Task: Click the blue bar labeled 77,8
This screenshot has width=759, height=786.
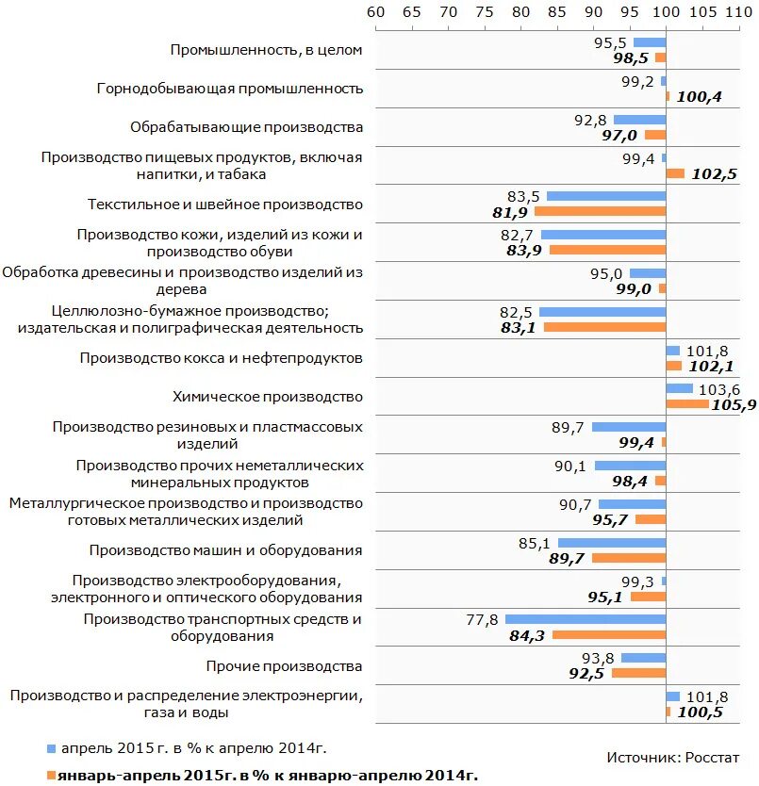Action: click(586, 619)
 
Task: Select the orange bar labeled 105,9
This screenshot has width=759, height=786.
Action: click(687, 403)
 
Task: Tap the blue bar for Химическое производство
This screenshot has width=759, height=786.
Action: click(679, 388)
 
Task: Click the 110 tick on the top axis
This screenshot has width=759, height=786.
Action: click(740, 12)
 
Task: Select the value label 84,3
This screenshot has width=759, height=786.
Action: click(527, 635)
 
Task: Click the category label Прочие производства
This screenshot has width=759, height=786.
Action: click(284, 666)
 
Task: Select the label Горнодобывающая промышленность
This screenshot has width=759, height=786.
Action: click(230, 89)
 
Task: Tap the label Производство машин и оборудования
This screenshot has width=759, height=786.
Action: click(225, 550)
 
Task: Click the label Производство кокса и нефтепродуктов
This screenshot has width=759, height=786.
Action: click(221, 358)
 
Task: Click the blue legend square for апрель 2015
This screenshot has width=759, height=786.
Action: click(51, 747)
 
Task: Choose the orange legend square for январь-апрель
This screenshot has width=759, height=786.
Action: click(51, 775)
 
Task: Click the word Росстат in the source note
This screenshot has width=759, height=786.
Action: click(713, 757)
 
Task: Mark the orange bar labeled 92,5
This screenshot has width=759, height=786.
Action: click(638, 673)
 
